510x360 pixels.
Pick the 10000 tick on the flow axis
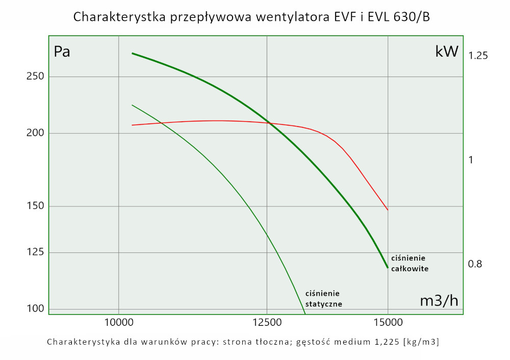click(x=118, y=323)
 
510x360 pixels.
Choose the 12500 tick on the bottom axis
click(x=267, y=323)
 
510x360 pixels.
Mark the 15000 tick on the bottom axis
click(x=388, y=323)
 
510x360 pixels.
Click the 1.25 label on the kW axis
click(x=478, y=56)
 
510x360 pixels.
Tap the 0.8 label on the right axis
click(x=475, y=264)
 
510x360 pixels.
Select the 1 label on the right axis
click(x=471, y=160)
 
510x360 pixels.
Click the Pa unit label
click(x=62, y=52)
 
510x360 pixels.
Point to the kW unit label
click(x=447, y=52)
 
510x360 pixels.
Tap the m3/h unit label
click(x=439, y=301)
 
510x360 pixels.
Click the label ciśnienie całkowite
click(x=409, y=263)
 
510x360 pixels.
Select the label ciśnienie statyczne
click(x=323, y=298)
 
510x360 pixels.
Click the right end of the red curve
click(x=388, y=210)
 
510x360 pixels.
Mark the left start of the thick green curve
click(x=133, y=53)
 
